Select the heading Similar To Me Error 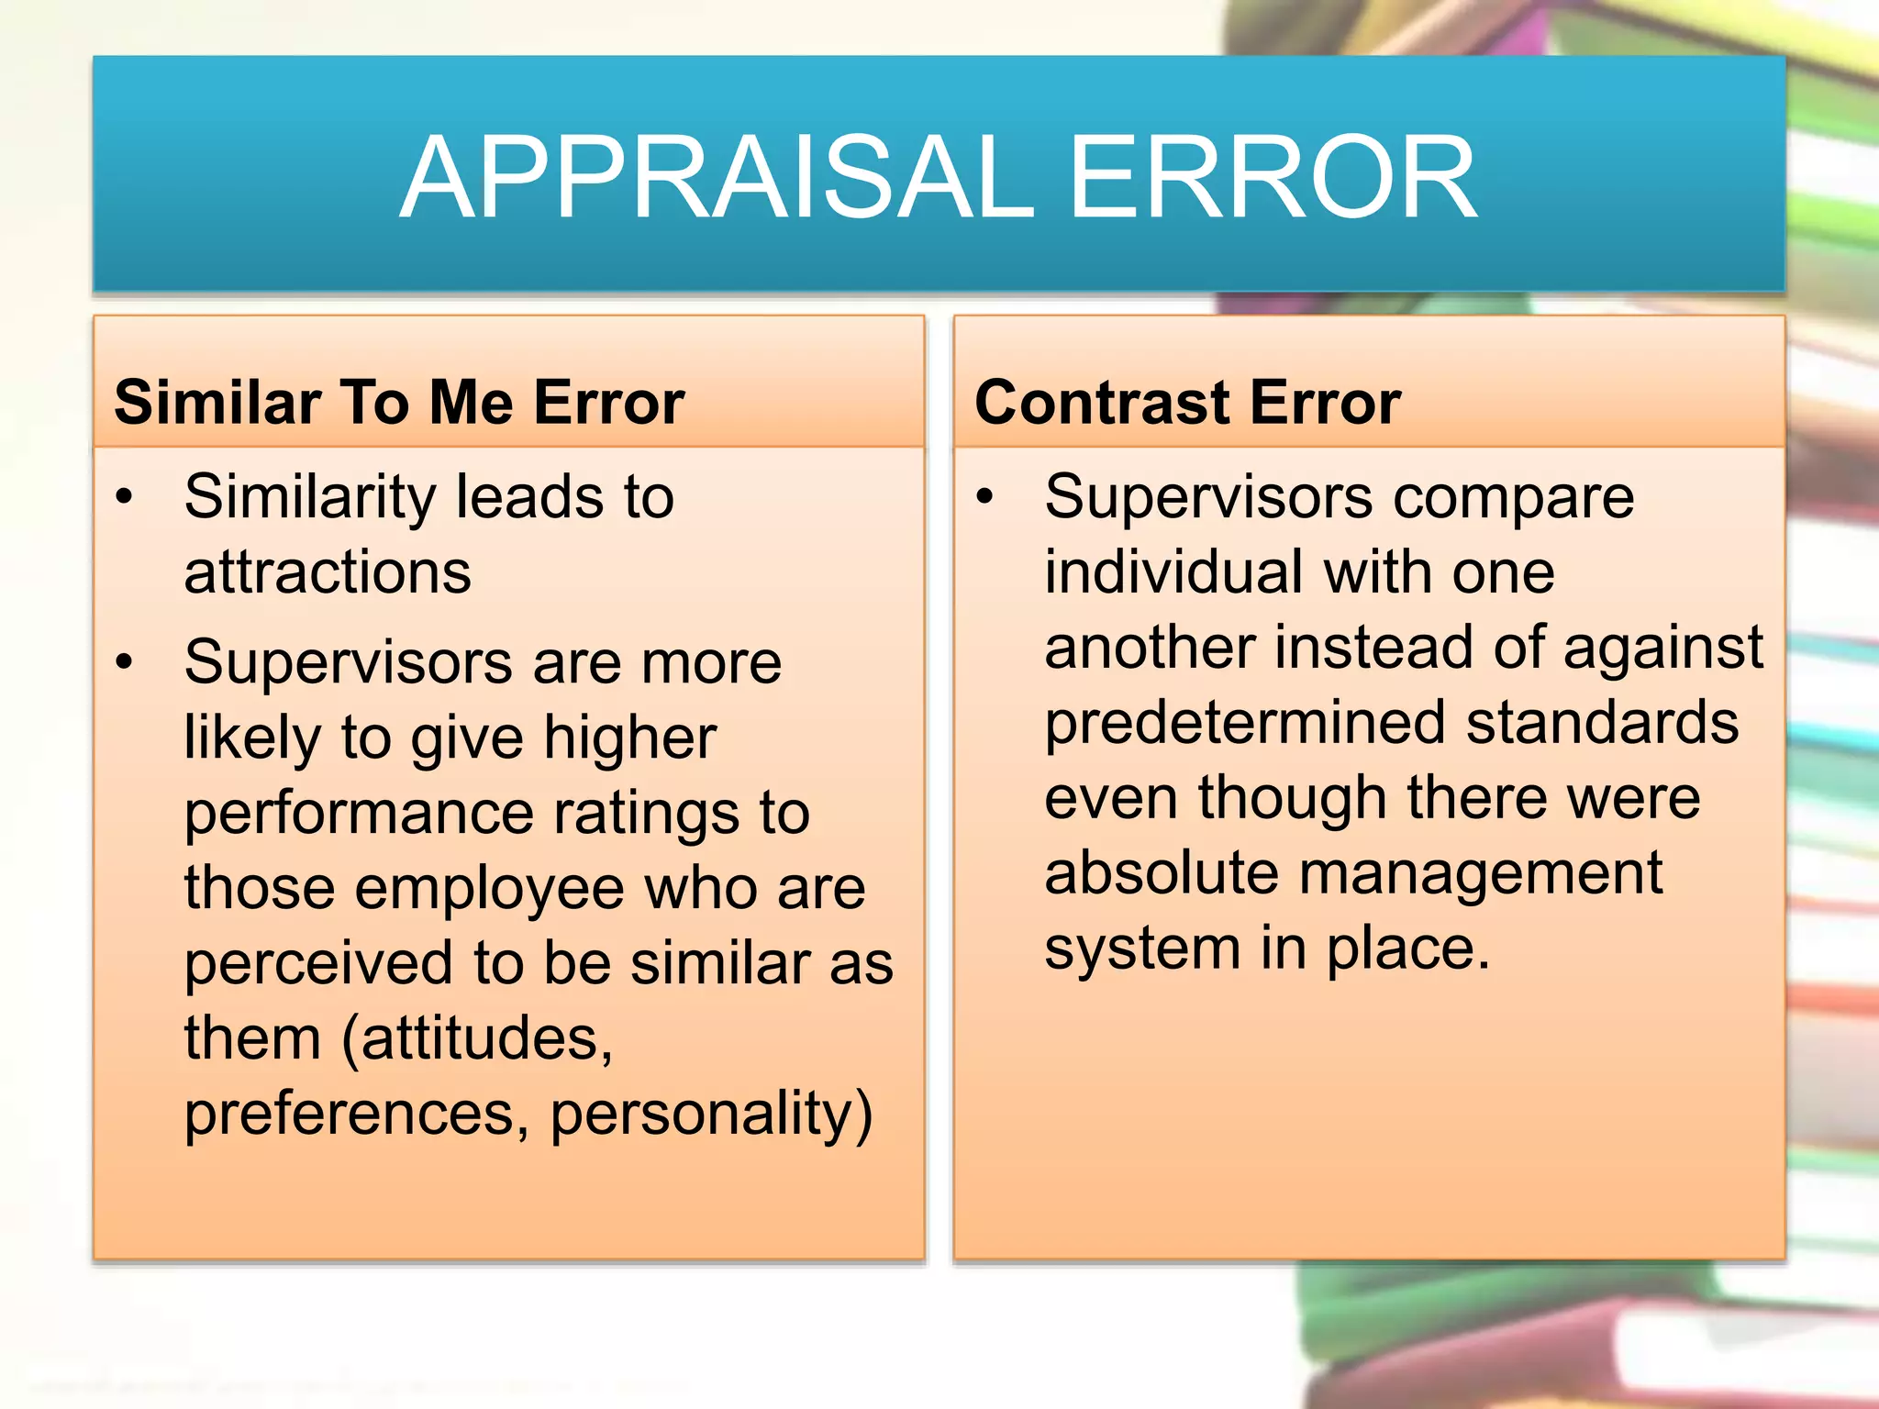point(399,402)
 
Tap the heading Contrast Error point(1187,402)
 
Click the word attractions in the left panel point(328,572)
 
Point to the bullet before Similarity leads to point(125,497)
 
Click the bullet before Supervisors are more point(125,661)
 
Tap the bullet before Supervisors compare point(985,497)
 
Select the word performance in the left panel point(360,815)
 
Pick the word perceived point(318,964)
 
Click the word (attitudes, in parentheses point(477,1039)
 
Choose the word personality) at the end point(711,1115)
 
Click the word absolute point(1161,872)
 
